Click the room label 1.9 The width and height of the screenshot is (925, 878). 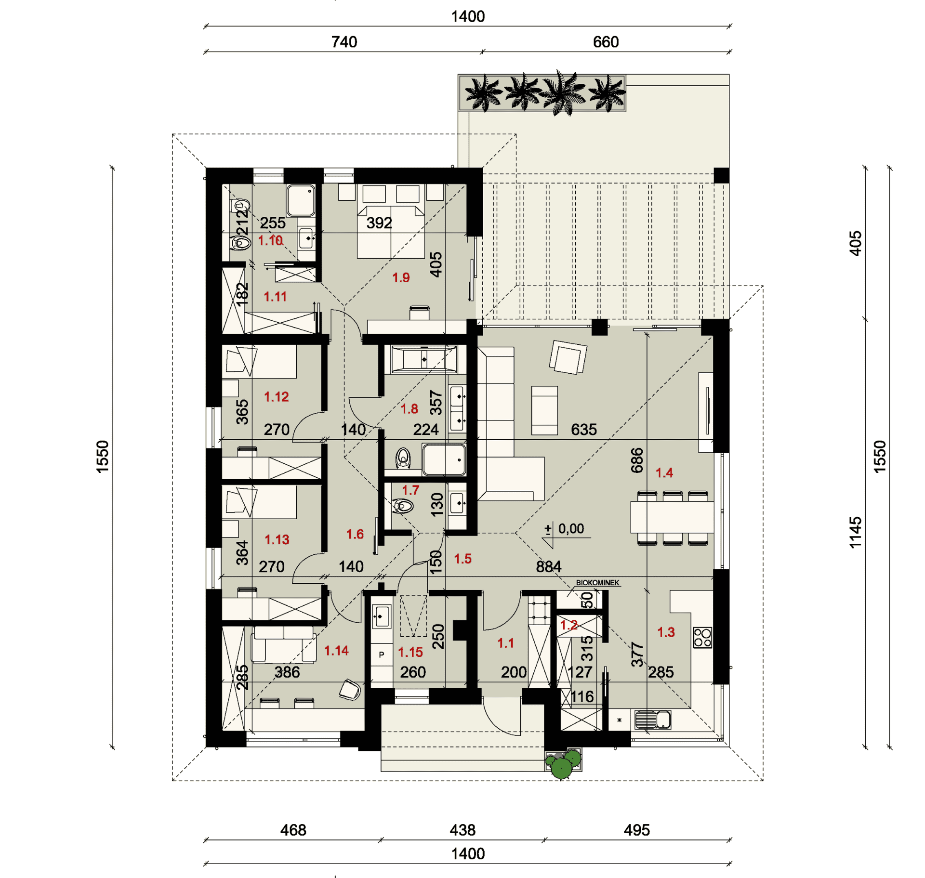click(x=400, y=277)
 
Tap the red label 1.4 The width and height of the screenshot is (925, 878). click(x=664, y=472)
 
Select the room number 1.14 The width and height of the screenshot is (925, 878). click(x=336, y=651)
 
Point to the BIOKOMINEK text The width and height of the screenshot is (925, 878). click(x=597, y=583)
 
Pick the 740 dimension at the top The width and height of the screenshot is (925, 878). click(x=344, y=42)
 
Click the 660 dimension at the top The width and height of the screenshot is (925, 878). click(x=606, y=42)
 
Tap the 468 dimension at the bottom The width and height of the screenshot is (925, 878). click(x=293, y=830)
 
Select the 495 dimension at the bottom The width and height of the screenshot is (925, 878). click(x=636, y=830)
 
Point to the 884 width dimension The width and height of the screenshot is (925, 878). click(x=549, y=566)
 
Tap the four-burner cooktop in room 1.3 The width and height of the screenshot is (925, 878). click(x=702, y=638)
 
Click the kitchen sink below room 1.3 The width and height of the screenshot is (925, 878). click(x=653, y=720)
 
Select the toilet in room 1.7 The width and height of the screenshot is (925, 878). click(x=403, y=506)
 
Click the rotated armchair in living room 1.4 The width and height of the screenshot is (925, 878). click(x=568, y=357)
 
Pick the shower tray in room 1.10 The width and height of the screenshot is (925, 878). click(x=301, y=200)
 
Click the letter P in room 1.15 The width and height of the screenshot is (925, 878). click(x=382, y=655)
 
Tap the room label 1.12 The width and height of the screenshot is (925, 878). click(x=276, y=397)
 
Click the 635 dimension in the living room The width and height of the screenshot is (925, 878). click(x=583, y=430)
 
